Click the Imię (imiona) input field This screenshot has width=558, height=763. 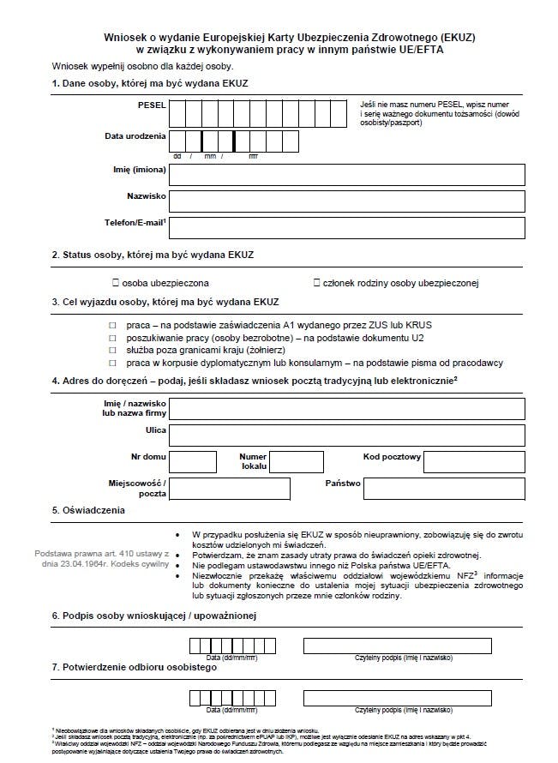(x=347, y=174)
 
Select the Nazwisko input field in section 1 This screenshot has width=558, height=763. (x=347, y=201)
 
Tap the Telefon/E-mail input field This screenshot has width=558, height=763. (x=347, y=227)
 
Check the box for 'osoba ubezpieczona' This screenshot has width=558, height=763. (x=114, y=282)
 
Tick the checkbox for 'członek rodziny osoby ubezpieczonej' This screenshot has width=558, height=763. (x=317, y=282)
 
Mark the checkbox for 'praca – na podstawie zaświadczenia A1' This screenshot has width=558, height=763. (x=112, y=326)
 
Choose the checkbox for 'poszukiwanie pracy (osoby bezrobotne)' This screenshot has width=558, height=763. (x=112, y=339)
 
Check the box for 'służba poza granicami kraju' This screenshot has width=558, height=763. (x=112, y=351)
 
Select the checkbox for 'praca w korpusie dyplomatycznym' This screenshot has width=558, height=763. (x=112, y=363)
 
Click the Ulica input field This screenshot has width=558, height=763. (x=347, y=435)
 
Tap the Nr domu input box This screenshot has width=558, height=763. (x=193, y=462)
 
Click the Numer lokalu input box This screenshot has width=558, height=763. (x=295, y=462)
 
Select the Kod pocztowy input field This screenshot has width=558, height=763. (x=474, y=462)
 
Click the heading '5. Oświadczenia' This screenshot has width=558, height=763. (x=88, y=510)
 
